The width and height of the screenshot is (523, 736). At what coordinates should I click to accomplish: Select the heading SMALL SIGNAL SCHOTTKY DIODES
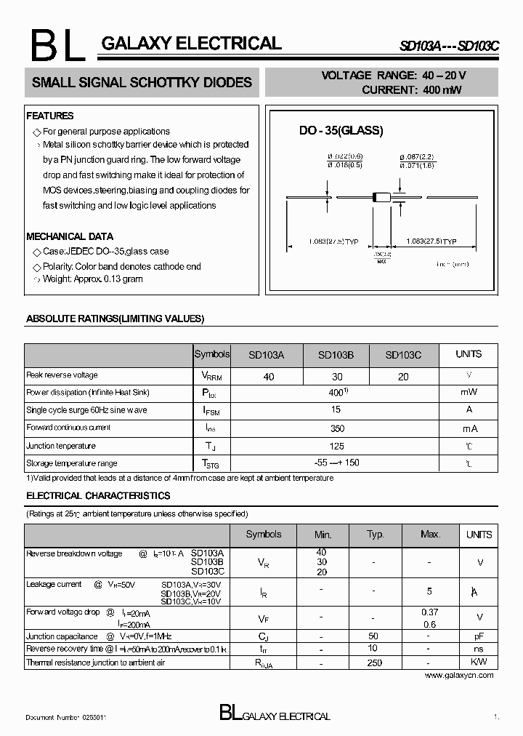[142, 83]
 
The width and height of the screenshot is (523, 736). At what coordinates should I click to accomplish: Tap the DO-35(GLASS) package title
[341, 131]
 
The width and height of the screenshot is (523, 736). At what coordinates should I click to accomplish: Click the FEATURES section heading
[49, 116]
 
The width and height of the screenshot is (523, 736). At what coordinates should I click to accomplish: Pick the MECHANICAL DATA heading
[70, 236]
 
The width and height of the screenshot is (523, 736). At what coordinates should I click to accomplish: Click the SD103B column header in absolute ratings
[336, 355]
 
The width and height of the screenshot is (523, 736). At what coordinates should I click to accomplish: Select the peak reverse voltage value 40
[269, 377]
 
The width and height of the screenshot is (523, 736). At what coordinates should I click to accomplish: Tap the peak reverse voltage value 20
[403, 377]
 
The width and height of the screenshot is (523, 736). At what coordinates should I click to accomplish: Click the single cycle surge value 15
[336, 409]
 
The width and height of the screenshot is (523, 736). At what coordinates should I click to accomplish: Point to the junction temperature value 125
[336, 446]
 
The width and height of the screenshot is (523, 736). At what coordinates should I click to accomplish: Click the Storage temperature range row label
[71, 463]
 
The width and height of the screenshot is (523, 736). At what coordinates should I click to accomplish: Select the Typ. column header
[375, 535]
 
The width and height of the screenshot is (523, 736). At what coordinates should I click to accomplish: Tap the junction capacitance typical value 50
[373, 636]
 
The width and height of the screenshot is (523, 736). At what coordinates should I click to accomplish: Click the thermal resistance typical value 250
[374, 663]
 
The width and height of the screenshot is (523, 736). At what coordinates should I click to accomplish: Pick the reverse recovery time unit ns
[479, 649]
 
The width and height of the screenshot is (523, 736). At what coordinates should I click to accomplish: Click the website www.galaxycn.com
[458, 675]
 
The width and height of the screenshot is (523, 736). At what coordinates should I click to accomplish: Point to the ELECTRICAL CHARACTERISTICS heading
[98, 496]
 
